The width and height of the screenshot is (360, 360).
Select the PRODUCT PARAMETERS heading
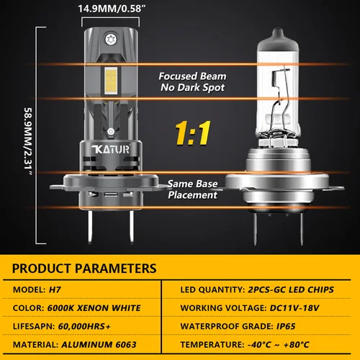pos(85,269)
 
